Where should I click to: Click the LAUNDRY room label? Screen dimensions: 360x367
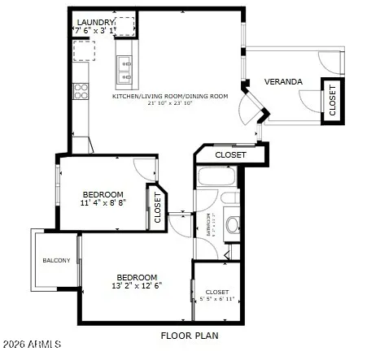(x=95, y=22)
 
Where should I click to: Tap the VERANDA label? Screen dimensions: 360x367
(x=283, y=82)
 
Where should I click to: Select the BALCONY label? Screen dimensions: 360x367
(x=56, y=260)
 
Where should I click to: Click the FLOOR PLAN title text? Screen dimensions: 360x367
(x=189, y=335)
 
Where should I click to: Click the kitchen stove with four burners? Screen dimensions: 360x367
(x=81, y=91)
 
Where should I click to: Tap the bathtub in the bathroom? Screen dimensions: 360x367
(x=216, y=177)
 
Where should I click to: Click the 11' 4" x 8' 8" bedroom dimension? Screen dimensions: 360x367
(x=103, y=203)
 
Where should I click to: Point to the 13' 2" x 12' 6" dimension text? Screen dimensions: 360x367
(x=137, y=285)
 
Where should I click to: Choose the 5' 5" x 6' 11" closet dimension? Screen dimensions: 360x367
(x=217, y=299)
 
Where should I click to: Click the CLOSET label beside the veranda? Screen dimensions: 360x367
(x=332, y=100)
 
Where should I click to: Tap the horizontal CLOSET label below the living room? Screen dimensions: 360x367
(x=230, y=154)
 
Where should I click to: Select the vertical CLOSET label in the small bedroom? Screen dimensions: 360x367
(x=157, y=206)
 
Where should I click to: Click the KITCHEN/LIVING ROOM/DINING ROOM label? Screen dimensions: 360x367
(x=170, y=96)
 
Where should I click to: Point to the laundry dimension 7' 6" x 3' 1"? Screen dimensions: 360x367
(x=95, y=30)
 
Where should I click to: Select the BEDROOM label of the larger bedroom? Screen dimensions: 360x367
(x=136, y=276)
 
